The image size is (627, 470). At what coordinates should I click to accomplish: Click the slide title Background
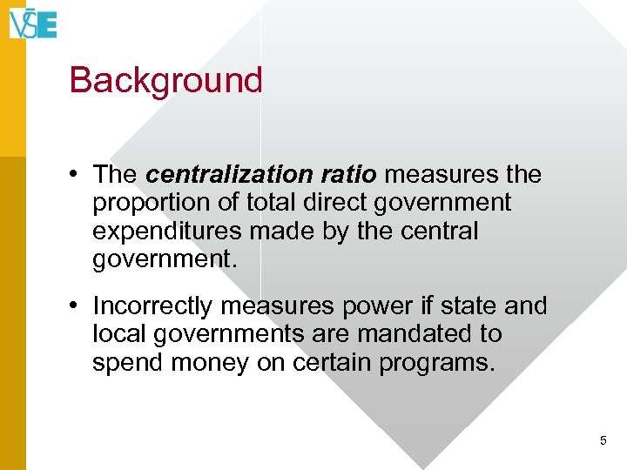165,80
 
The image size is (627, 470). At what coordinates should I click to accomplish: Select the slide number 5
603,441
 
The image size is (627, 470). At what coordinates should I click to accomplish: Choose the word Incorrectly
152,306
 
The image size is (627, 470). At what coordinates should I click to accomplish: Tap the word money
205,362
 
